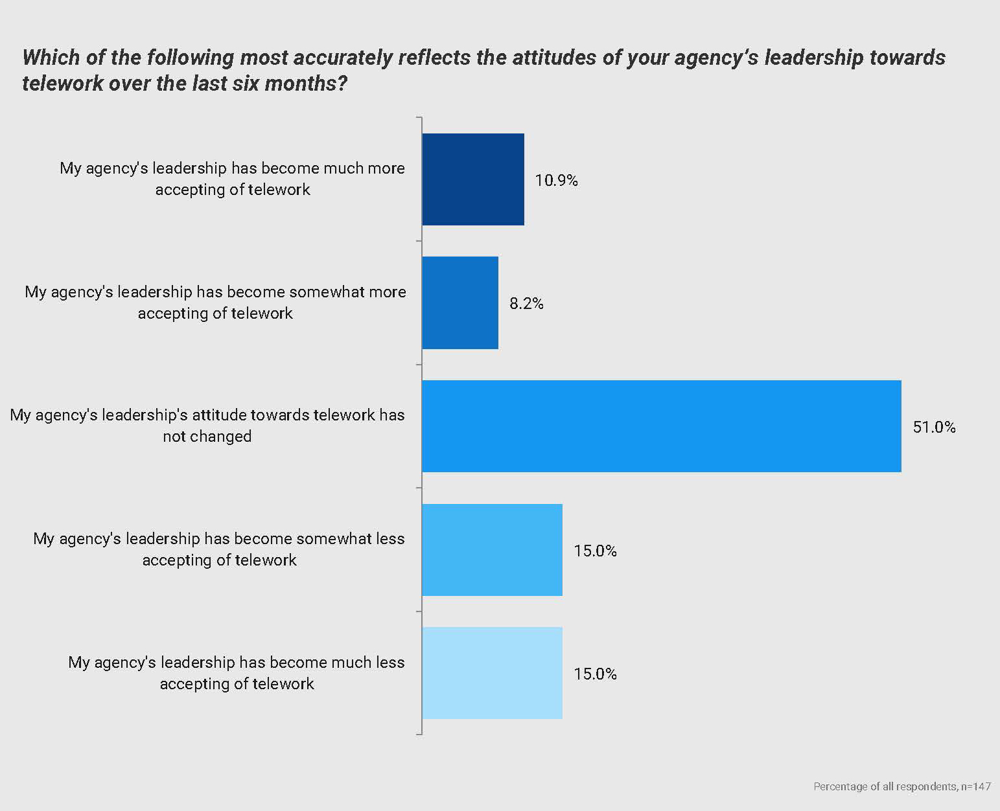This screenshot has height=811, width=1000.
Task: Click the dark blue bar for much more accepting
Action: pos(473,179)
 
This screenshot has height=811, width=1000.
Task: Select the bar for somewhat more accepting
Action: pos(460,303)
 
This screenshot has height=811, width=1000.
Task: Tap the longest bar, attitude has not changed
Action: pos(661,426)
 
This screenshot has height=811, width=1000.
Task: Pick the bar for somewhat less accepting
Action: pos(492,550)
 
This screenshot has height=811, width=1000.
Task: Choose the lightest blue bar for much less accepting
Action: pos(492,673)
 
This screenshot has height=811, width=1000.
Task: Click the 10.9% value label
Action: pos(556,180)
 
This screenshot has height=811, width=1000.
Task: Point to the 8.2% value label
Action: pos(526,303)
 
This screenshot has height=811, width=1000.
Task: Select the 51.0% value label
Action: pos(934,427)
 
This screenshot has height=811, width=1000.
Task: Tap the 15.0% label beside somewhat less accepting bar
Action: pos(595,551)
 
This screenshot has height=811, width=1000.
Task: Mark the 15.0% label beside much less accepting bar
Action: pos(595,674)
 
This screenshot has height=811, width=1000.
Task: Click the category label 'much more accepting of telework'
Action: pos(232,179)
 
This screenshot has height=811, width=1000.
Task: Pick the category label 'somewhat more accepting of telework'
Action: pos(215,303)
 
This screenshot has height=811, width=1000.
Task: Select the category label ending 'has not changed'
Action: pos(207,426)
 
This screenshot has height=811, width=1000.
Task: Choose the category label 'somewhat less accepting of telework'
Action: pos(219,549)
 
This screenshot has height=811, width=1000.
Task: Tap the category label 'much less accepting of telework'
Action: pos(237,673)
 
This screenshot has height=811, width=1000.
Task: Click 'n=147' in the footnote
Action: pos(976,786)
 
